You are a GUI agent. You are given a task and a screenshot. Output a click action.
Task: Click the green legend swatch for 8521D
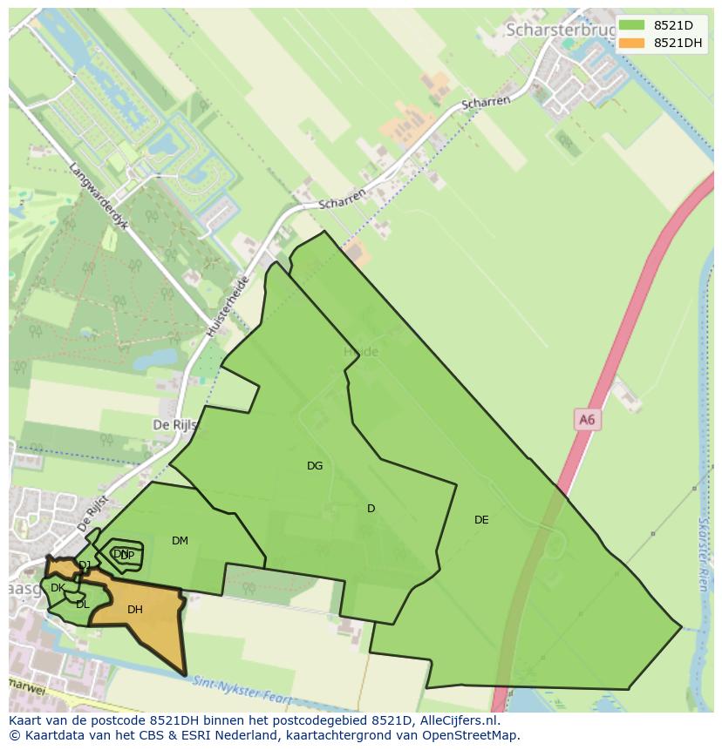pos(631,24)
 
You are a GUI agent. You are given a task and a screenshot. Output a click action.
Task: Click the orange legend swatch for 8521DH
pos(631,43)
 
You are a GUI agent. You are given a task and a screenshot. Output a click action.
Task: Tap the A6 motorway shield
pos(587,420)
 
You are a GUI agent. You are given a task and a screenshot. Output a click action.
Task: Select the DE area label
pos(481,520)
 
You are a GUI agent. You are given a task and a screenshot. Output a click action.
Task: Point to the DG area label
pos(315,466)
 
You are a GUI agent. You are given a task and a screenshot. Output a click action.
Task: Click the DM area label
pos(180,541)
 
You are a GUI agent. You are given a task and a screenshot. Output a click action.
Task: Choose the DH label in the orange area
pos(134,610)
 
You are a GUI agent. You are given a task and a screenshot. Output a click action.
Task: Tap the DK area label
pos(58,588)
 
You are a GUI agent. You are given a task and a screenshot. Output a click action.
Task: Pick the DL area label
pos(82,605)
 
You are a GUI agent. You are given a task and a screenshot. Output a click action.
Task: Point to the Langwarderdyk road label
pos(99,196)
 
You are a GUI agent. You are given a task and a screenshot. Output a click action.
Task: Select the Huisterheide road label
pos(228,307)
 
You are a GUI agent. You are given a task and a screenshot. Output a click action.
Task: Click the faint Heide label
pos(361,352)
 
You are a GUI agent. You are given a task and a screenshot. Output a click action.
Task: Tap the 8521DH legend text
pos(678,43)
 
